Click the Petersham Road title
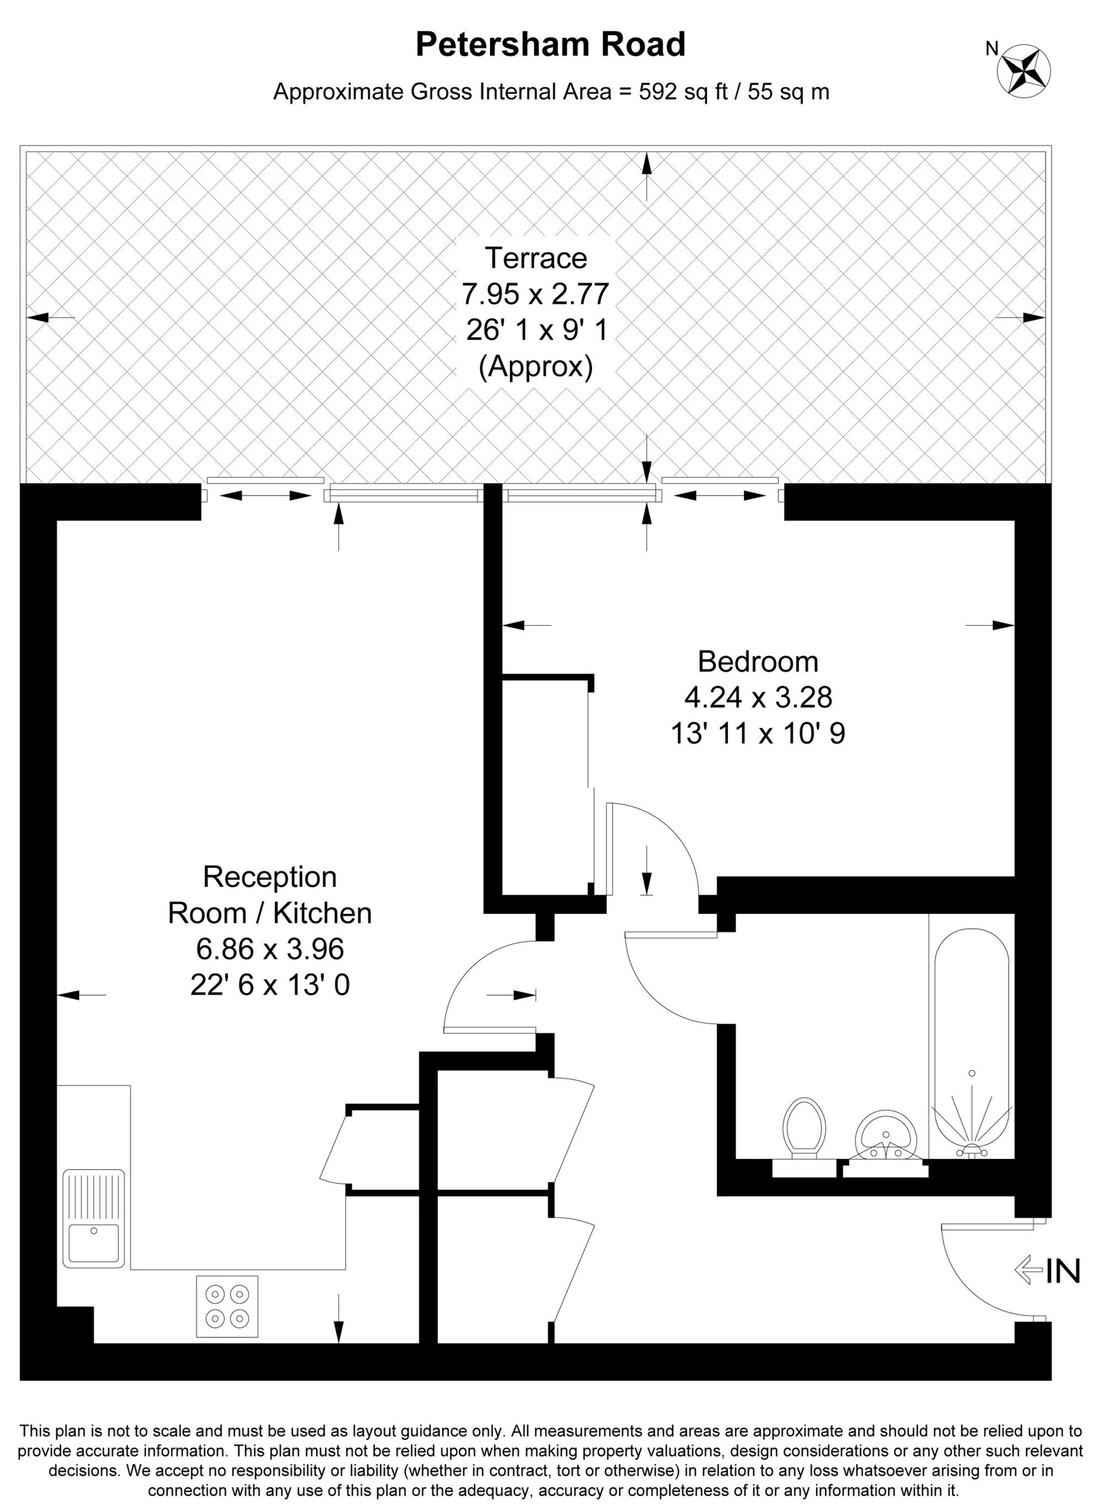[x=550, y=45]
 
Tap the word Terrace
[x=536, y=258]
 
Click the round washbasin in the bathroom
[x=887, y=1135]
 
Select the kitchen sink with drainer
[x=94, y=1226]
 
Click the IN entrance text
[x=1064, y=1271]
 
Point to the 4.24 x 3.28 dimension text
[x=758, y=697]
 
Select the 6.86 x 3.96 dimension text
[x=270, y=949]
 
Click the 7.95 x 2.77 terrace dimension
[x=536, y=294]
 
